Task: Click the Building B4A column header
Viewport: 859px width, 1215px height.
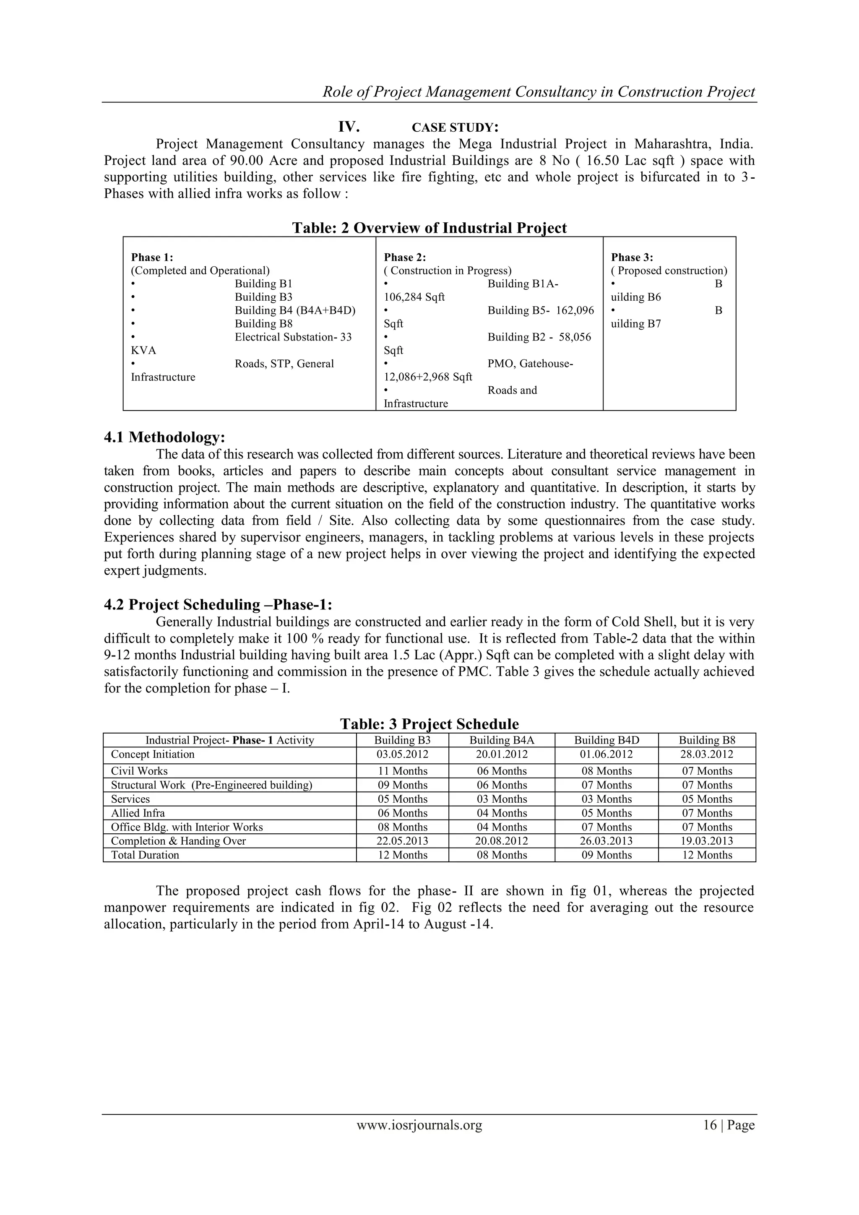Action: [x=501, y=740]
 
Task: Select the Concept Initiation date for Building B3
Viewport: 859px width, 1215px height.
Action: [x=402, y=754]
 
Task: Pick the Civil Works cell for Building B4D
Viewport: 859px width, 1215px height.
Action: [x=606, y=771]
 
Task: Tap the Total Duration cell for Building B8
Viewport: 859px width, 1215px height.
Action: [x=707, y=855]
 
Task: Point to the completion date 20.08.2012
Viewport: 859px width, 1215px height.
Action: [x=501, y=841]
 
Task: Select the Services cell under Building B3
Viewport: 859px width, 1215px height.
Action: [x=402, y=799]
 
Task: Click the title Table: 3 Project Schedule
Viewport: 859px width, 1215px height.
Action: [x=429, y=724]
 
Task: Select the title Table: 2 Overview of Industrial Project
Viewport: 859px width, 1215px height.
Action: [x=429, y=228]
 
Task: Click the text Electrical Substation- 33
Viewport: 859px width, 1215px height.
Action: [x=293, y=337]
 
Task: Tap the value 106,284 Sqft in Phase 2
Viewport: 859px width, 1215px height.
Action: [x=414, y=297]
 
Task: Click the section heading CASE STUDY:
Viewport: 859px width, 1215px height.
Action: [x=455, y=127]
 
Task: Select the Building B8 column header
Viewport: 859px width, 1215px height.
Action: [x=707, y=740]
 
